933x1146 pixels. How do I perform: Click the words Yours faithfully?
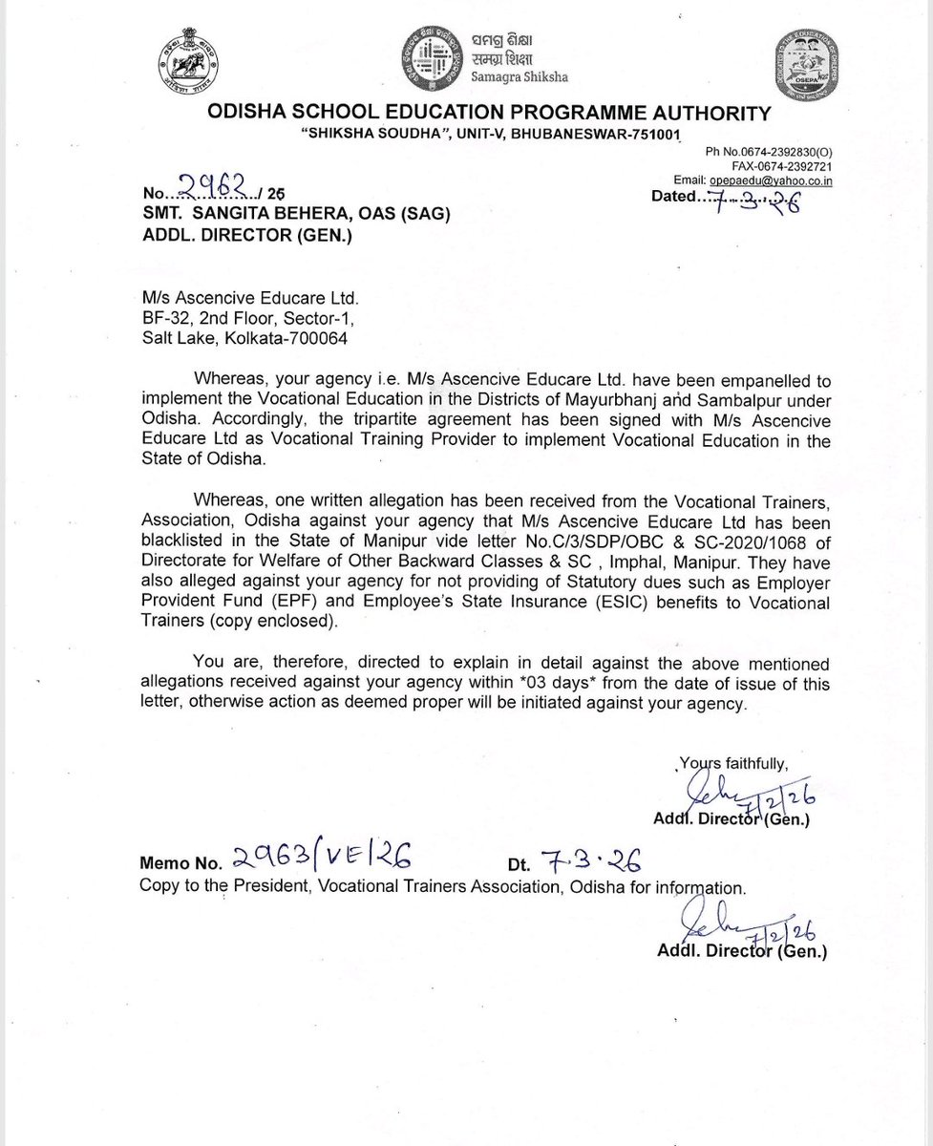pyautogui.click(x=734, y=762)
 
